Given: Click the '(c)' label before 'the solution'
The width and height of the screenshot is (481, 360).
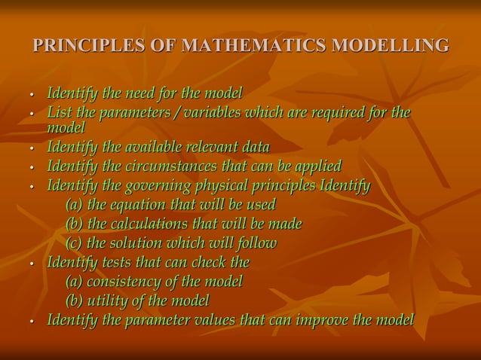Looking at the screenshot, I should (74, 243).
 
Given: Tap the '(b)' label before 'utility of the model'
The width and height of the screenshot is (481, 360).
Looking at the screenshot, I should (75, 301).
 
